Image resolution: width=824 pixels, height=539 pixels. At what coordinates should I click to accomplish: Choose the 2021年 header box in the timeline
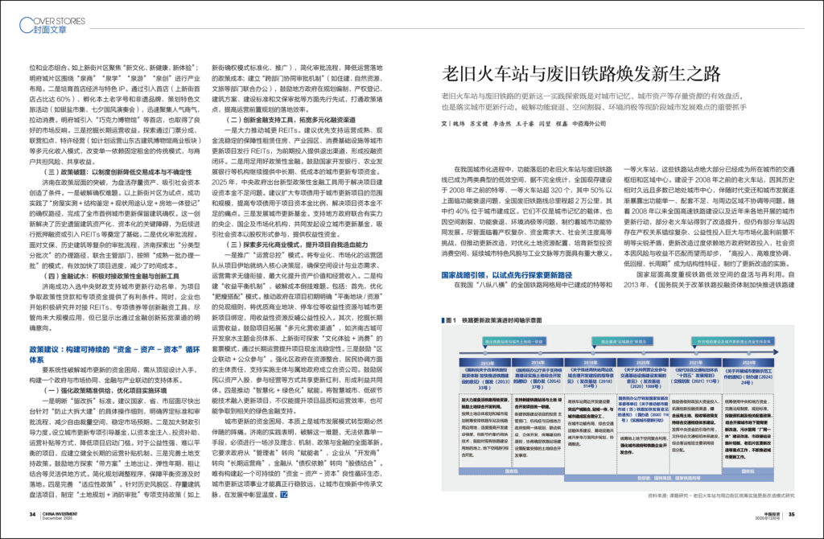(x=701, y=363)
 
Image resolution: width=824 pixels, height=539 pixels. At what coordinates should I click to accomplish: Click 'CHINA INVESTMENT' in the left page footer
(x=64, y=514)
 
